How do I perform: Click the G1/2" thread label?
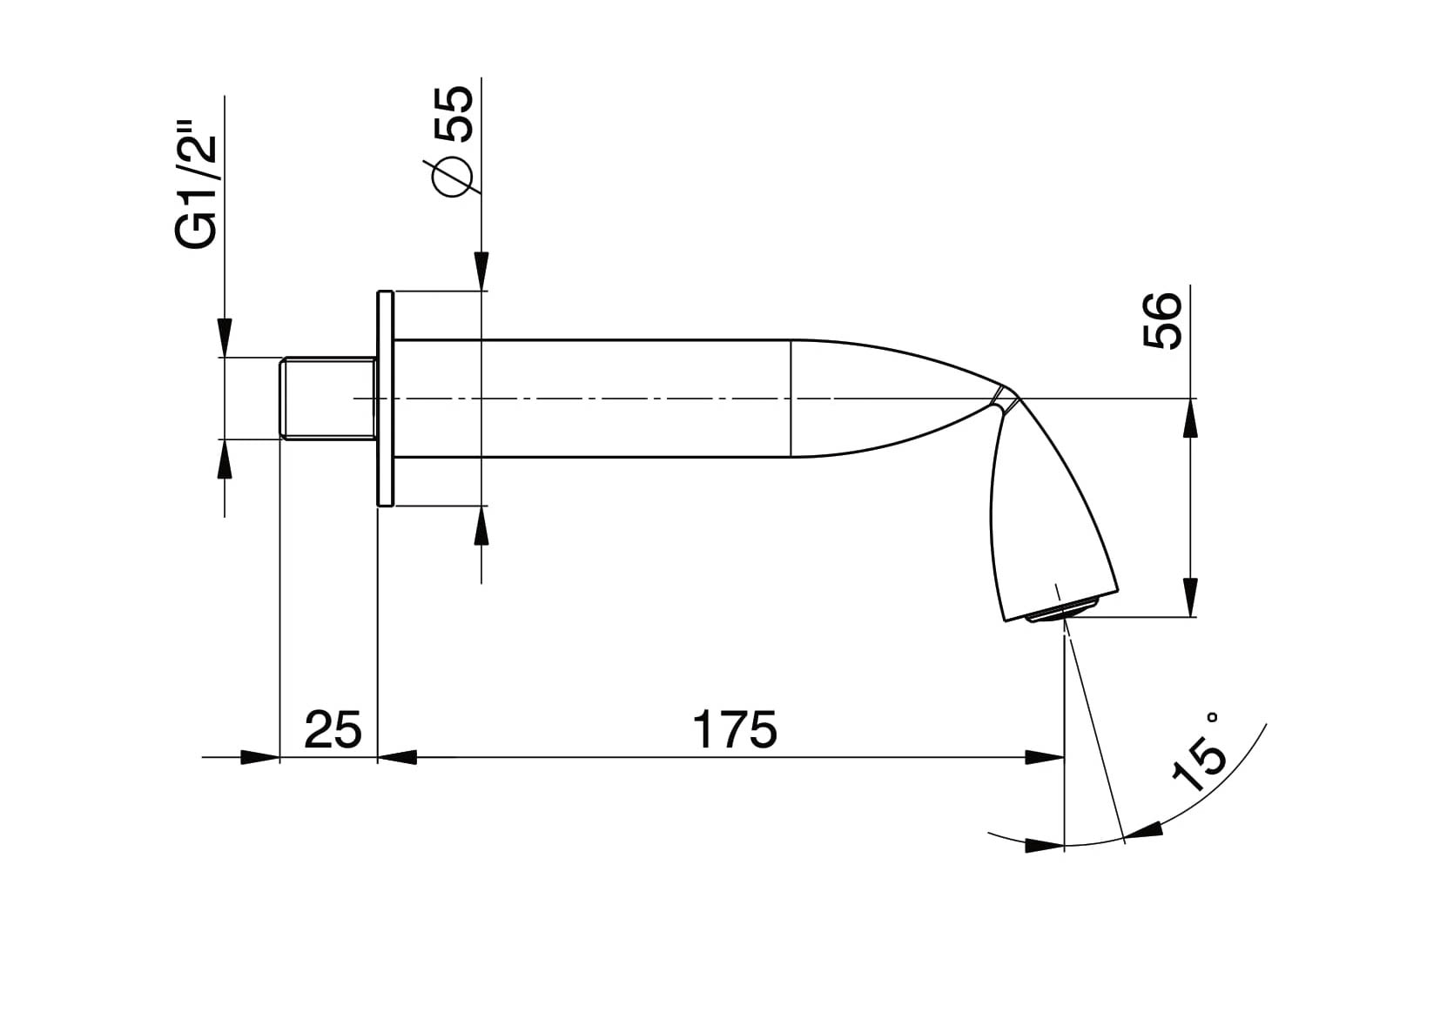(x=195, y=192)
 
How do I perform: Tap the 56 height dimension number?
(x=1163, y=320)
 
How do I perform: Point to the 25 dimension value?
(x=333, y=729)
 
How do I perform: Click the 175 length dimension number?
(x=735, y=729)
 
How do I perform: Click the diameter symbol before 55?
(x=452, y=176)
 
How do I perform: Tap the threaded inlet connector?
(x=328, y=399)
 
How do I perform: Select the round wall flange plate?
(x=385, y=399)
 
